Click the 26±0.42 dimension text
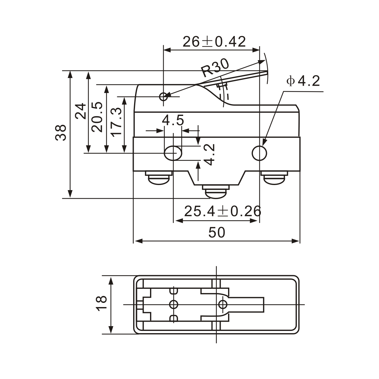pyautogui.click(x=214, y=42)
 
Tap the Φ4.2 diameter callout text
pyautogui.click(x=303, y=82)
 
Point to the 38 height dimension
pyautogui.click(x=61, y=132)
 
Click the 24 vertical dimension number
pyautogui.click(x=81, y=111)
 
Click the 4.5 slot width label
pyautogui.click(x=173, y=121)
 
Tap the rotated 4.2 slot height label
pyautogui.click(x=209, y=154)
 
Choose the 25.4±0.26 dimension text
pyautogui.click(x=223, y=211)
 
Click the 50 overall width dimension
pyautogui.click(x=217, y=232)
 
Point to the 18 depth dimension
pyautogui.click(x=102, y=303)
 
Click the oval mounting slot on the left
pyautogui.click(x=173, y=153)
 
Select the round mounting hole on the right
pyautogui.click(x=259, y=153)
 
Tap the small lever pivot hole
pyautogui.click(x=164, y=96)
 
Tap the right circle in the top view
pyautogui.click(x=223, y=304)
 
